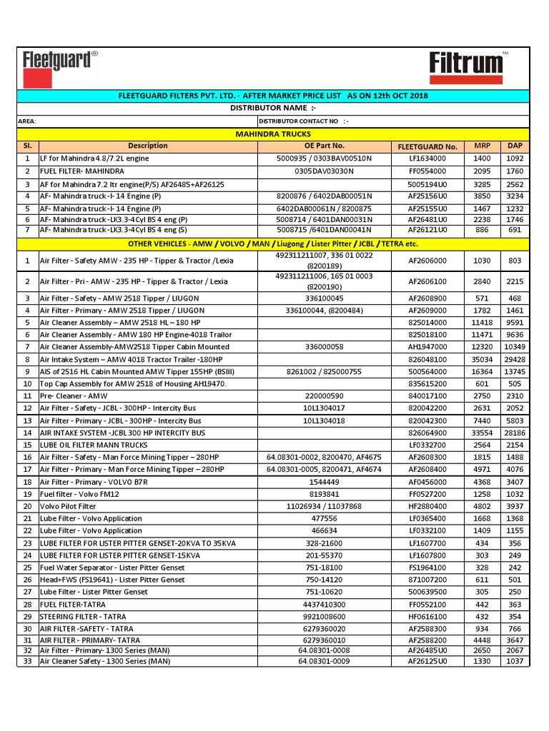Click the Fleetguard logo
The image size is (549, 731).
60,66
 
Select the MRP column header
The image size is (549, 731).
482,146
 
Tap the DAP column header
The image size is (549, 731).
514,146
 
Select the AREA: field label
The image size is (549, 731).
27,121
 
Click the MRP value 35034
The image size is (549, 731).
482,359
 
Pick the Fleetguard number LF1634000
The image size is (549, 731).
427,158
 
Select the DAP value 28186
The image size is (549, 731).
514,433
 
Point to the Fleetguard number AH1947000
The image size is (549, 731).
427,346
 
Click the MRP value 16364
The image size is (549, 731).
482,371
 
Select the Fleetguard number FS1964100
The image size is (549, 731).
427,568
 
